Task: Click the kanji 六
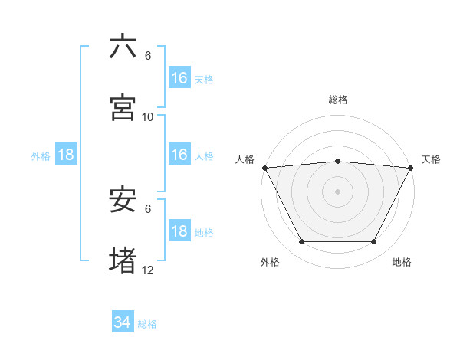coord(123,47)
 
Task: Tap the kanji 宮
coord(123,108)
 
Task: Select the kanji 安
coord(123,201)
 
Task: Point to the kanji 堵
coord(123,261)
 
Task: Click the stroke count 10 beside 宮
coord(148,116)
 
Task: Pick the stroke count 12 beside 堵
coord(148,270)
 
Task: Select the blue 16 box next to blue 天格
coord(179,78)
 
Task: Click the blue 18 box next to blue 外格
coord(66,155)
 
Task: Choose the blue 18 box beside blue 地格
coord(179,231)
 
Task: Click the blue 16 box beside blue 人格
coord(179,155)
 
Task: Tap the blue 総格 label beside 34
coord(147,324)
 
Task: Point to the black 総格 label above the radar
coord(337,100)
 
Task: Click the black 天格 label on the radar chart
coord(432,159)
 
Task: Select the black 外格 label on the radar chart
coord(270,262)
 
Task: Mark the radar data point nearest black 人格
coord(264,168)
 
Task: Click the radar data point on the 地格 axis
coord(374,242)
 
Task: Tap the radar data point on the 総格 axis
coord(337,161)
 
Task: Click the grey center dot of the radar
coord(337,191)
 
